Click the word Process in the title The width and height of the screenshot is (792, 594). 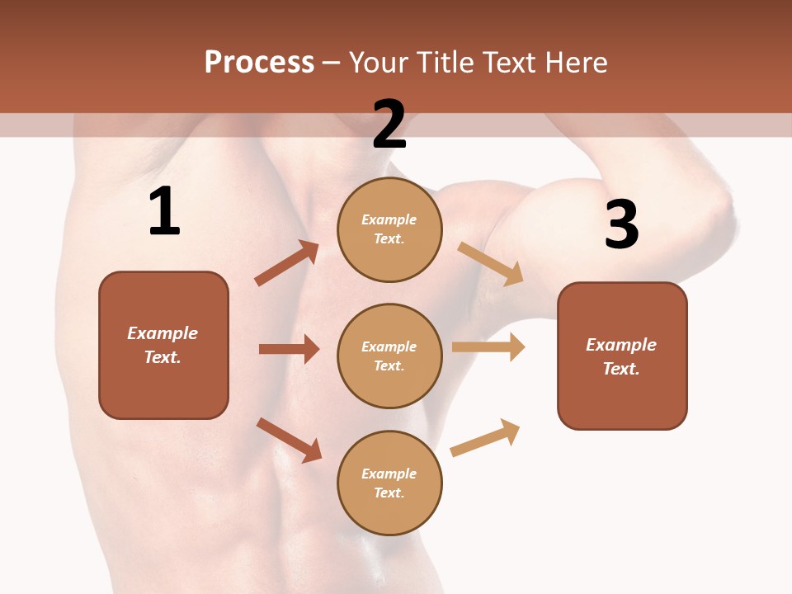point(259,62)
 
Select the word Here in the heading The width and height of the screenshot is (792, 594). point(576,62)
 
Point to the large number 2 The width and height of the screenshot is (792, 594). point(389,125)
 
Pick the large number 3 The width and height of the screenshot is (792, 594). point(621,224)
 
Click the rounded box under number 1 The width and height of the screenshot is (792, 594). point(163,345)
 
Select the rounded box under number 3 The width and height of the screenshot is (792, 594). point(622,356)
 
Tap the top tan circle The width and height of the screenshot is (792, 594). point(389,229)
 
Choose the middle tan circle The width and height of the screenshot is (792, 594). point(389,356)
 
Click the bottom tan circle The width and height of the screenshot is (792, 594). point(389,483)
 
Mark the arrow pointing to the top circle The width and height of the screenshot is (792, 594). point(287,263)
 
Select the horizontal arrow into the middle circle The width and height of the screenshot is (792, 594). point(289,349)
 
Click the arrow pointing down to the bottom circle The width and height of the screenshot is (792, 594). point(289,440)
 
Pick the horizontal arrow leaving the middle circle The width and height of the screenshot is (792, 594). point(488,346)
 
